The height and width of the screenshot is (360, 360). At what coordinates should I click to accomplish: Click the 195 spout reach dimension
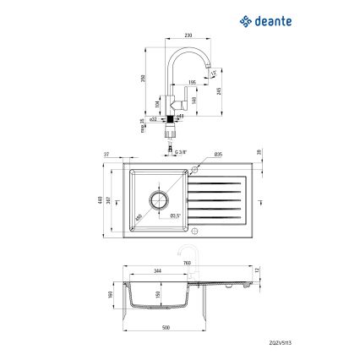[x=193, y=82]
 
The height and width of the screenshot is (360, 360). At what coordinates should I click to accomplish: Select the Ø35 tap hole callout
[x=218, y=155]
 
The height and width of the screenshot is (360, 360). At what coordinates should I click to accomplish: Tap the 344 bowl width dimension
[x=156, y=270]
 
